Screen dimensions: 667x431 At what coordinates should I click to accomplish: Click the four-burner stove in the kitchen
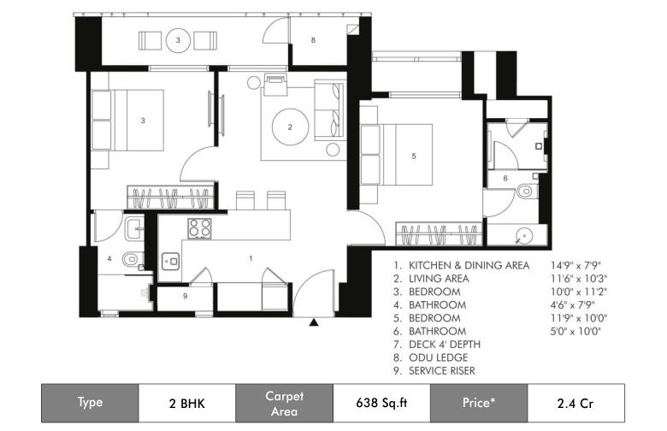(x=199, y=227)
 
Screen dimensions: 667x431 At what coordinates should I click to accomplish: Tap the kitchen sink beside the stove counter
(x=171, y=261)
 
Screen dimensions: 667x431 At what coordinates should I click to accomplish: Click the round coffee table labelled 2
(x=290, y=127)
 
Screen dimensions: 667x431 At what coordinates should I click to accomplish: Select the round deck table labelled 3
(x=178, y=40)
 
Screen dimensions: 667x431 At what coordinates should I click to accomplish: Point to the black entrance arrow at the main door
(x=314, y=322)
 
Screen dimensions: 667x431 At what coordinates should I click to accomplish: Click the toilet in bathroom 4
(x=132, y=258)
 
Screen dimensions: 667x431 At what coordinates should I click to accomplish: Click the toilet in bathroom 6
(x=528, y=191)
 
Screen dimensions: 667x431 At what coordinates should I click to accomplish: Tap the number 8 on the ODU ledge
(x=313, y=40)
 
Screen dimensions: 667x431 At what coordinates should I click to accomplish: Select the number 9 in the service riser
(x=185, y=296)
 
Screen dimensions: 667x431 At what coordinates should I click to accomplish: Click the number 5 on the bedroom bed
(x=414, y=156)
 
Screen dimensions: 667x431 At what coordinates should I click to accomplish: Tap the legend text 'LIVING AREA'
(x=439, y=279)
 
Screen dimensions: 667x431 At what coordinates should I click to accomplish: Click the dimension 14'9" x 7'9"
(x=576, y=265)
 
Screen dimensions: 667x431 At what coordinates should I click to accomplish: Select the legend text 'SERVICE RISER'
(x=441, y=371)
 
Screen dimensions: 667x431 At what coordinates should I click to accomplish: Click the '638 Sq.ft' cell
(x=381, y=403)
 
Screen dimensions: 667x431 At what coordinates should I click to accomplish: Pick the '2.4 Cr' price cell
(x=576, y=403)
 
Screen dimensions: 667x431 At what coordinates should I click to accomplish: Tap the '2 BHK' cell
(x=187, y=403)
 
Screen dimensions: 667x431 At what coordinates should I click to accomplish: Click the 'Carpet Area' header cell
(x=284, y=403)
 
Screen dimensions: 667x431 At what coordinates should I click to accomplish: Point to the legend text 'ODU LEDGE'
(x=438, y=357)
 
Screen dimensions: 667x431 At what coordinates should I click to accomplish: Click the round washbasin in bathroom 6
(x=524, y=235)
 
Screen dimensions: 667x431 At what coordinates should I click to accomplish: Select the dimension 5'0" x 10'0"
(x=576, y=332)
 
